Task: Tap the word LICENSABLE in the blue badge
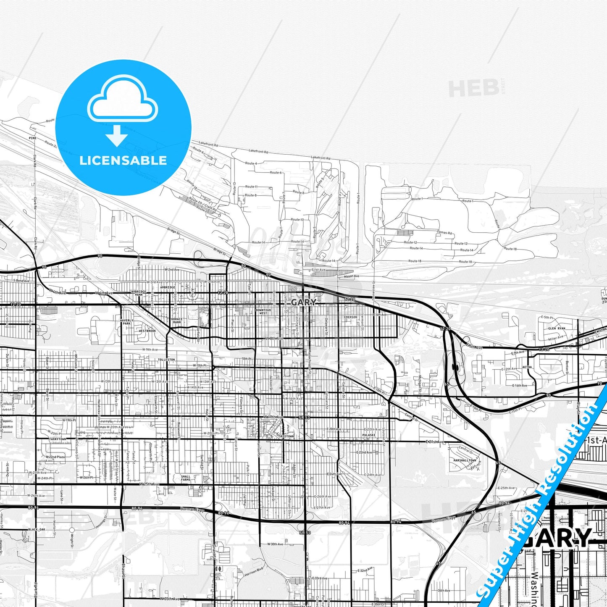coord(123,160)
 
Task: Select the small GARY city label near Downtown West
coord(304,302)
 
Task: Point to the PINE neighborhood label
coord(32,138)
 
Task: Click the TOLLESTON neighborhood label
coord(166,360)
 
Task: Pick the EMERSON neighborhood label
coord(350,317)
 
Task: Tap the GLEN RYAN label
coord(557,328)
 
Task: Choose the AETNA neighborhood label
coord(527,367)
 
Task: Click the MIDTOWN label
coord(287,436)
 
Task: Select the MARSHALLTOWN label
coord(465,460)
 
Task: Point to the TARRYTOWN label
coord(58,439)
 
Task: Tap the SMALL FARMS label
coord(186,478)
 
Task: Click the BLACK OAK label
coord(37,529)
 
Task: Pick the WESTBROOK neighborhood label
coord(147,331)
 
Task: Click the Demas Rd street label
coord(444,232)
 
